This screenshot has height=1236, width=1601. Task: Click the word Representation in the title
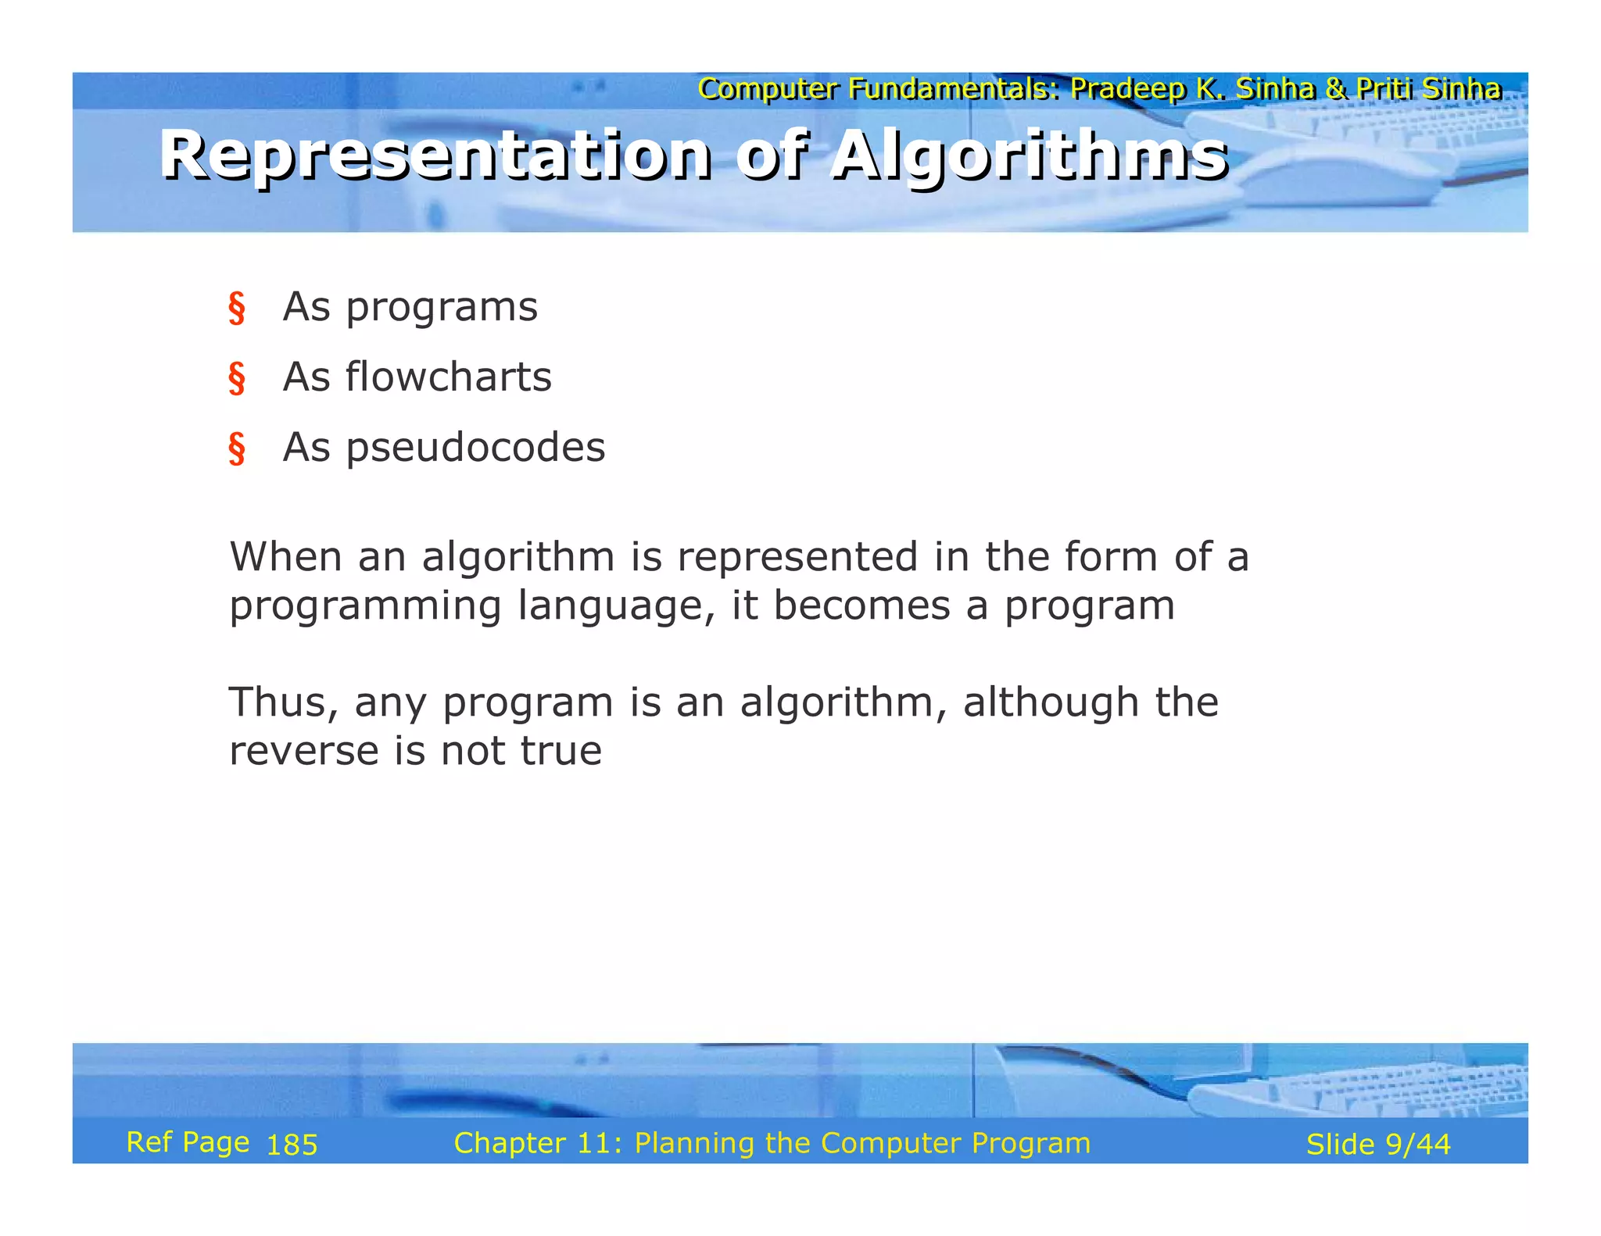tap(435, 155)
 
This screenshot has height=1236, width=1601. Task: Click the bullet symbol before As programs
tap(237, 308)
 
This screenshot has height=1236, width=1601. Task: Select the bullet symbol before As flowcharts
tap(237, 378)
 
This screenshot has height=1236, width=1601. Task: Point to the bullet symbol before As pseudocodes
tap(237, 448)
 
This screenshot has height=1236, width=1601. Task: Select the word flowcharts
tap(449, 377)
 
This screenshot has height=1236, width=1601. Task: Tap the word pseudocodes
tap(475, 448)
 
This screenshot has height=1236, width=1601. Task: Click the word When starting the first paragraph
tap(285, 557)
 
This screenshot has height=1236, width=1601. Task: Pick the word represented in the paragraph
tap(797, 557)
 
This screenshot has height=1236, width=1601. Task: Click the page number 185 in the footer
tap(292, 1145)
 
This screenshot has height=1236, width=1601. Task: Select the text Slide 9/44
tap(1377, 1145)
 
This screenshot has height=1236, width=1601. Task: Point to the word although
tap(1052, 702)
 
